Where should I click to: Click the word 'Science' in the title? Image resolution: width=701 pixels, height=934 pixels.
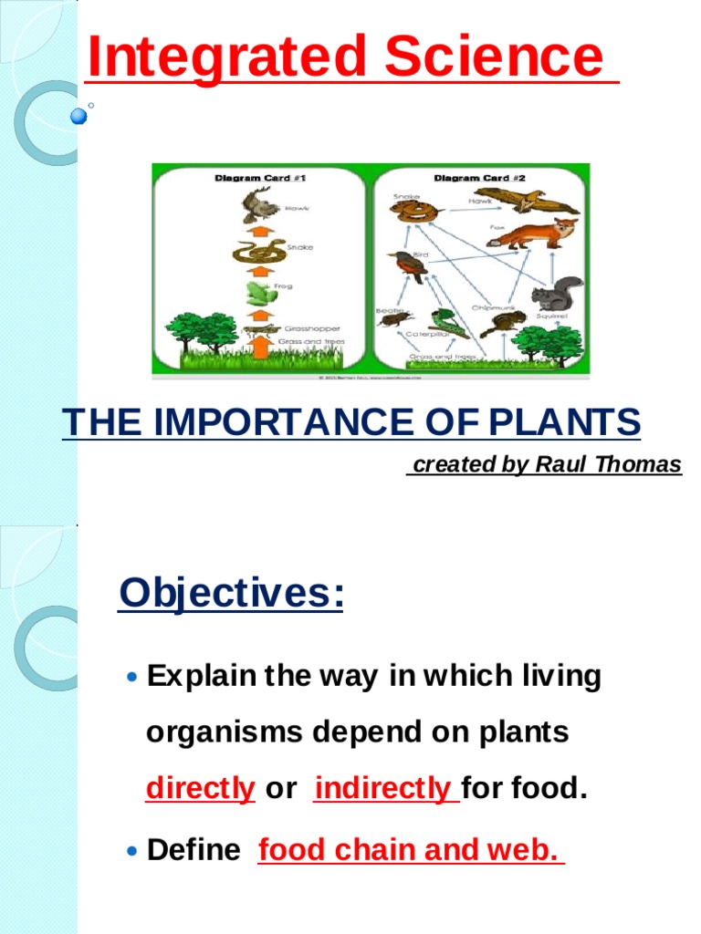click(x=493, y=57)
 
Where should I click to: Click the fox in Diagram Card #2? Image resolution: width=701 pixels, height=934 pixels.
click(x=533, y=234)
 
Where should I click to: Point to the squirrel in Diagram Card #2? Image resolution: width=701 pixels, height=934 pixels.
click(x=556, y=295)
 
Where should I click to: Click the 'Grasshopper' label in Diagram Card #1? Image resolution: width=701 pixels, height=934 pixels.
click(x=313, y=328)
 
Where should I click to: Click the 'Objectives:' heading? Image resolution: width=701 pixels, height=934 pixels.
click(x=231, y=594)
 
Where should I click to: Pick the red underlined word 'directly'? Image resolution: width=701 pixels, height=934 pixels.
click(x=200, y=789)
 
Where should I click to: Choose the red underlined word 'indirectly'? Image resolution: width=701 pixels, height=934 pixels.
click(x=384, y=789)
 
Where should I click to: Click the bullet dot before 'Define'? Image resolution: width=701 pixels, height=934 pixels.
click(x=133, y=851)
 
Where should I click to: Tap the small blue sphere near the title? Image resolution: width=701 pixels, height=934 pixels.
click(x=78, y=116)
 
